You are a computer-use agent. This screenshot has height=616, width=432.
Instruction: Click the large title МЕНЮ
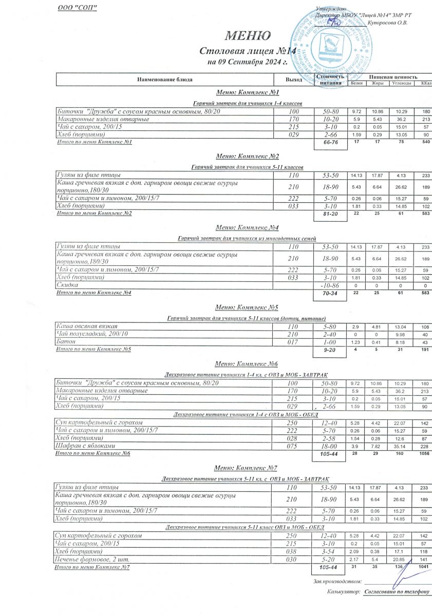tap(247, 36)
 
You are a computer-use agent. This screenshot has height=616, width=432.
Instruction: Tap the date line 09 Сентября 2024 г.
tap(247, 63)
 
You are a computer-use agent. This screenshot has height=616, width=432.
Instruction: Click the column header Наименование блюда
tap(164, 80)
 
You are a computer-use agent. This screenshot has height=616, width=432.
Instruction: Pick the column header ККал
tap(426, 84)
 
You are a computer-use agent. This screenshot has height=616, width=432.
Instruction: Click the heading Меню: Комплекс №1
tap(247, 93)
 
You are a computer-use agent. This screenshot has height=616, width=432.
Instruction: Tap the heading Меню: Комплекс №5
tap(247, 307)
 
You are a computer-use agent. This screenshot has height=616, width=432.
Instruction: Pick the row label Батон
tap(65, 342)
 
